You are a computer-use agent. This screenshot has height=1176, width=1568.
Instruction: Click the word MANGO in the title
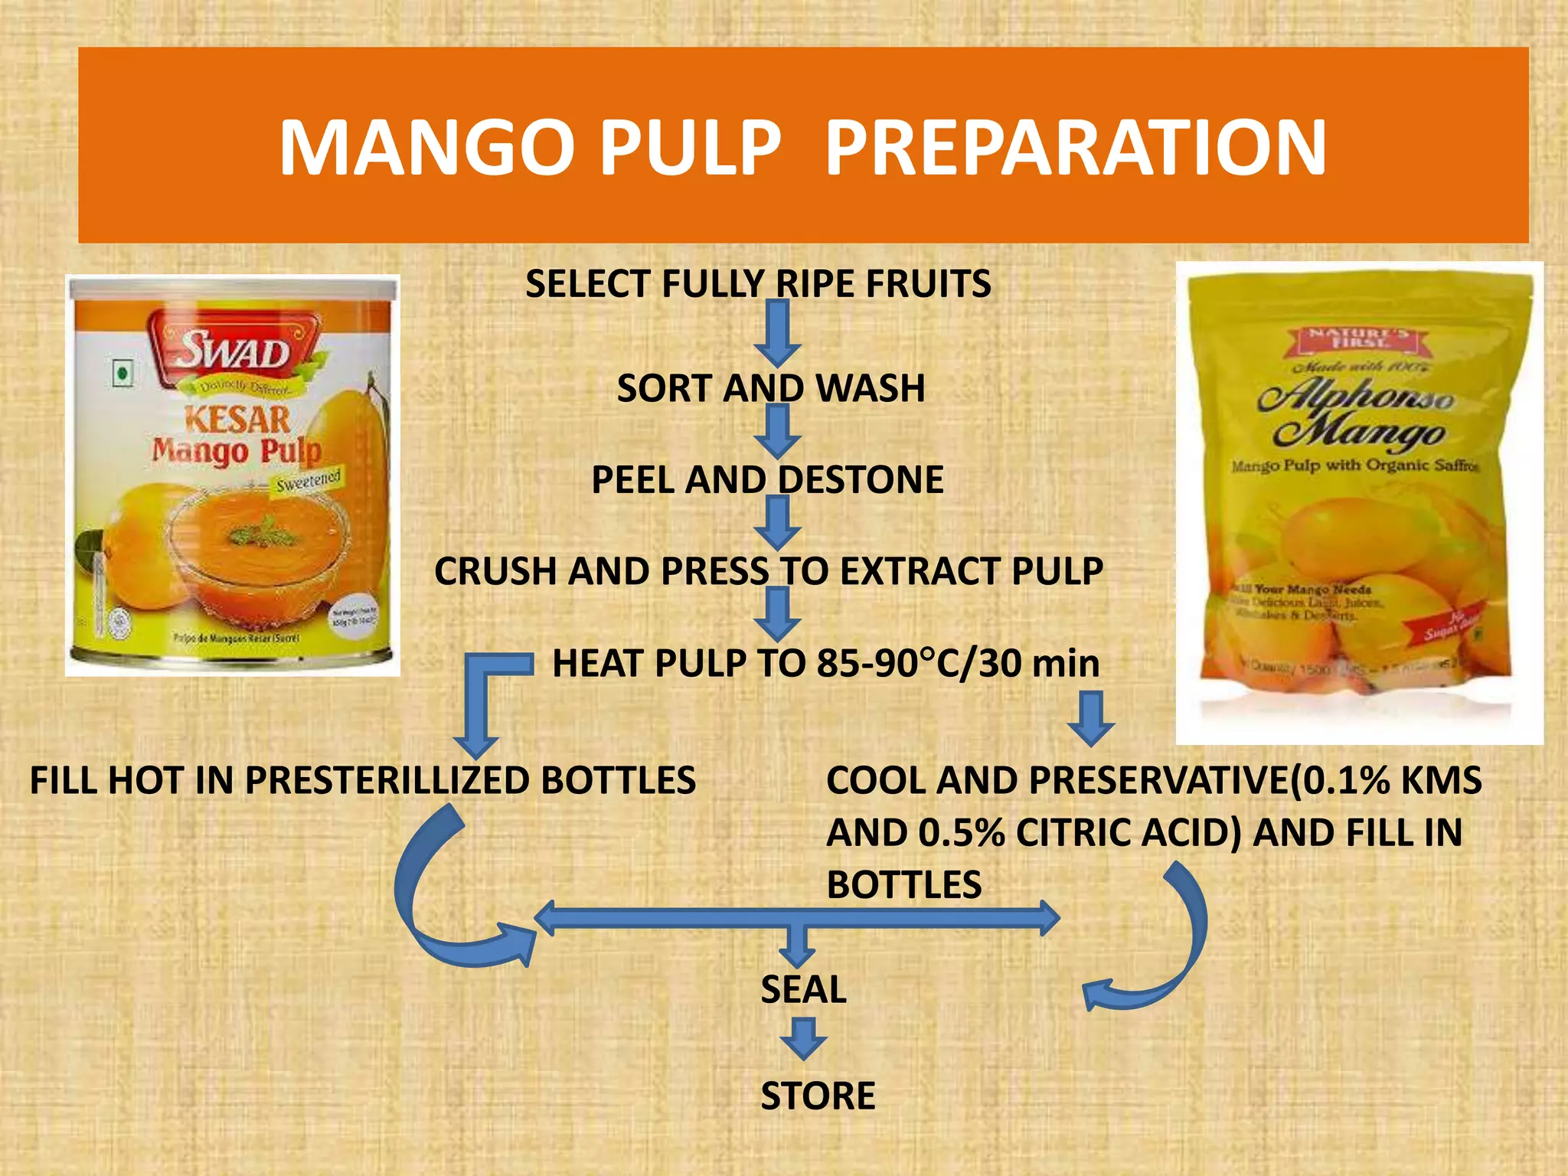click(426, 147)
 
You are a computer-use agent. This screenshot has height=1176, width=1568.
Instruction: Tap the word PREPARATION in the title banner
click(1075, 147)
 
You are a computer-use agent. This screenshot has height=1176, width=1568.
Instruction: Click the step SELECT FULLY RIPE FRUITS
click(758, 284)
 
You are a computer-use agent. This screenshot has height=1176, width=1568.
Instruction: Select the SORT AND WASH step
click(771, 388)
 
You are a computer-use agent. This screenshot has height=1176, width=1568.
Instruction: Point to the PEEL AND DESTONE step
click(767, 480)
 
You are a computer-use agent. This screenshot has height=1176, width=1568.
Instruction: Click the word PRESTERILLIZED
click(387, 781)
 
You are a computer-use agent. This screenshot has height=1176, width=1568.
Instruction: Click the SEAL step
click(803, 990)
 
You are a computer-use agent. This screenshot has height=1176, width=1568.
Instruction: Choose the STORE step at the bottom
click(818, 1096)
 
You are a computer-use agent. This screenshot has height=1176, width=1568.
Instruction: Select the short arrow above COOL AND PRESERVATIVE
click(1091, 718)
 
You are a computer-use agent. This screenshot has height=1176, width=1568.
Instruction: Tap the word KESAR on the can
click(237, 420)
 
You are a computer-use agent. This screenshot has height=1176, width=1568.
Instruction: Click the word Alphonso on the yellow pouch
click(1356, 398)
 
